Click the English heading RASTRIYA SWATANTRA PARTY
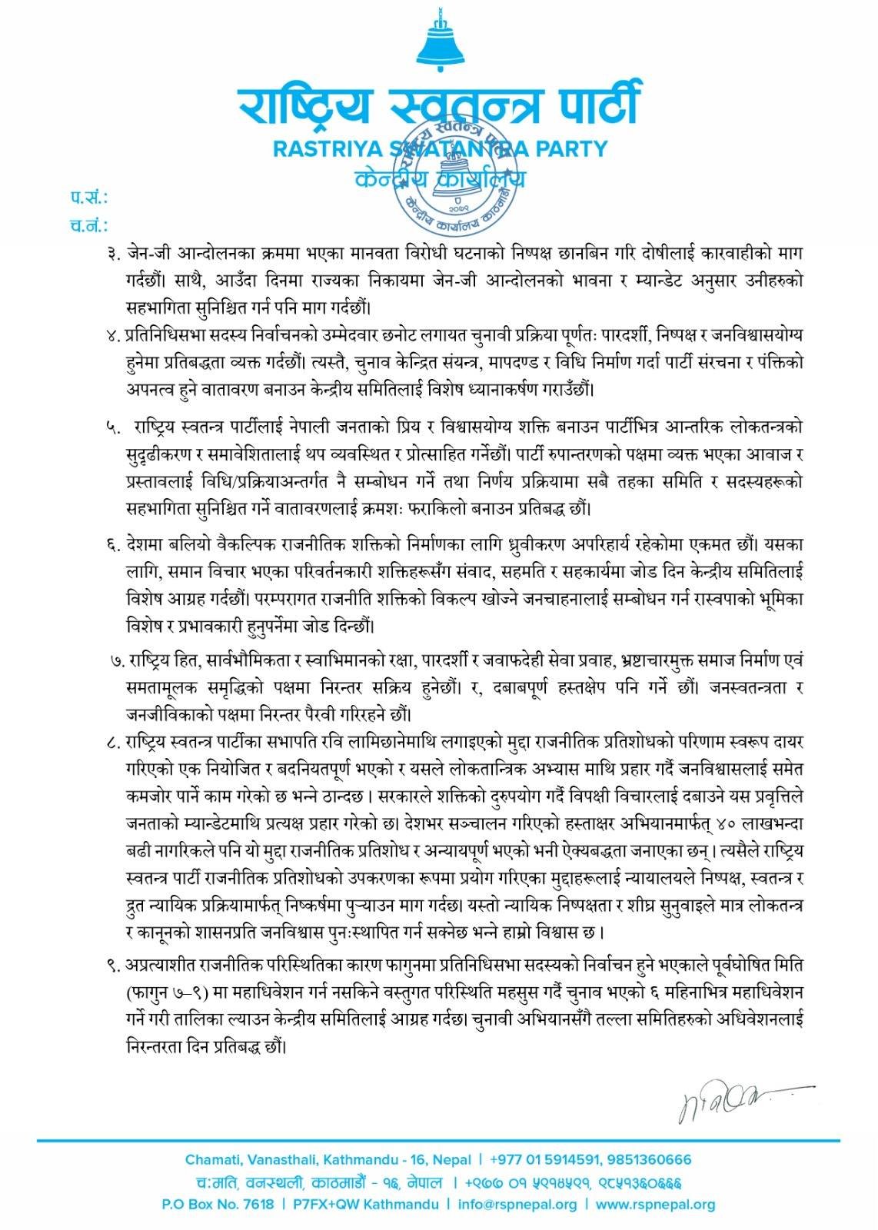[x=440, y=148]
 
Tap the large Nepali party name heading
[x=439, y=106]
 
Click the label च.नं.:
[x=89, y=226]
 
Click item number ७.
[x=118, y=660]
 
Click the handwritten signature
[x=734, y=1101]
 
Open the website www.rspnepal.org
[x=655, y=1205]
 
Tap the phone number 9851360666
[x=650, y=1159]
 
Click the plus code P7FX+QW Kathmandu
[x=366, y=1205]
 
